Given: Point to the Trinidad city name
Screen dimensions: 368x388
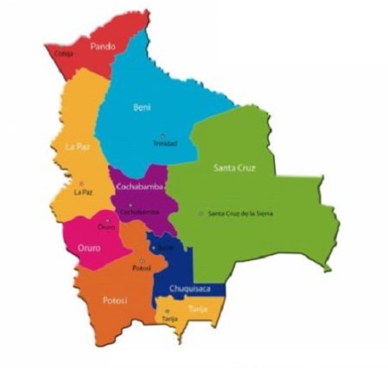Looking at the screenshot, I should pos(165,143).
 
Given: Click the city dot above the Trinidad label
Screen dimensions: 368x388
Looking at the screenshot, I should pos(163,135).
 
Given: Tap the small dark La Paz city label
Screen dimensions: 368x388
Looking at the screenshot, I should pos(84,191).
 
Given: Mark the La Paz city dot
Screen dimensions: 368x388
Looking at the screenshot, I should pos(82,183).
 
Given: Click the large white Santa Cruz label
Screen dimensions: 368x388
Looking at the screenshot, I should pos(234,168).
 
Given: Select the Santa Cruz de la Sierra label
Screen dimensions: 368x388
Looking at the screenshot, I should pos(241,213).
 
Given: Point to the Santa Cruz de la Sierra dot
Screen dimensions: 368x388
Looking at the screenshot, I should pos(200,213).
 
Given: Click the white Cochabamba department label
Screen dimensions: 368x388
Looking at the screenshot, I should pos(138,187).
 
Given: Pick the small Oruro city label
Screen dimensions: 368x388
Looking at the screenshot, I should pos(107,228).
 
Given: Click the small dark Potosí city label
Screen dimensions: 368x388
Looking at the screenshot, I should pos(140,267).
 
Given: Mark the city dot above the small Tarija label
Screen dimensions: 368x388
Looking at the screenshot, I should pos(167,311).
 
